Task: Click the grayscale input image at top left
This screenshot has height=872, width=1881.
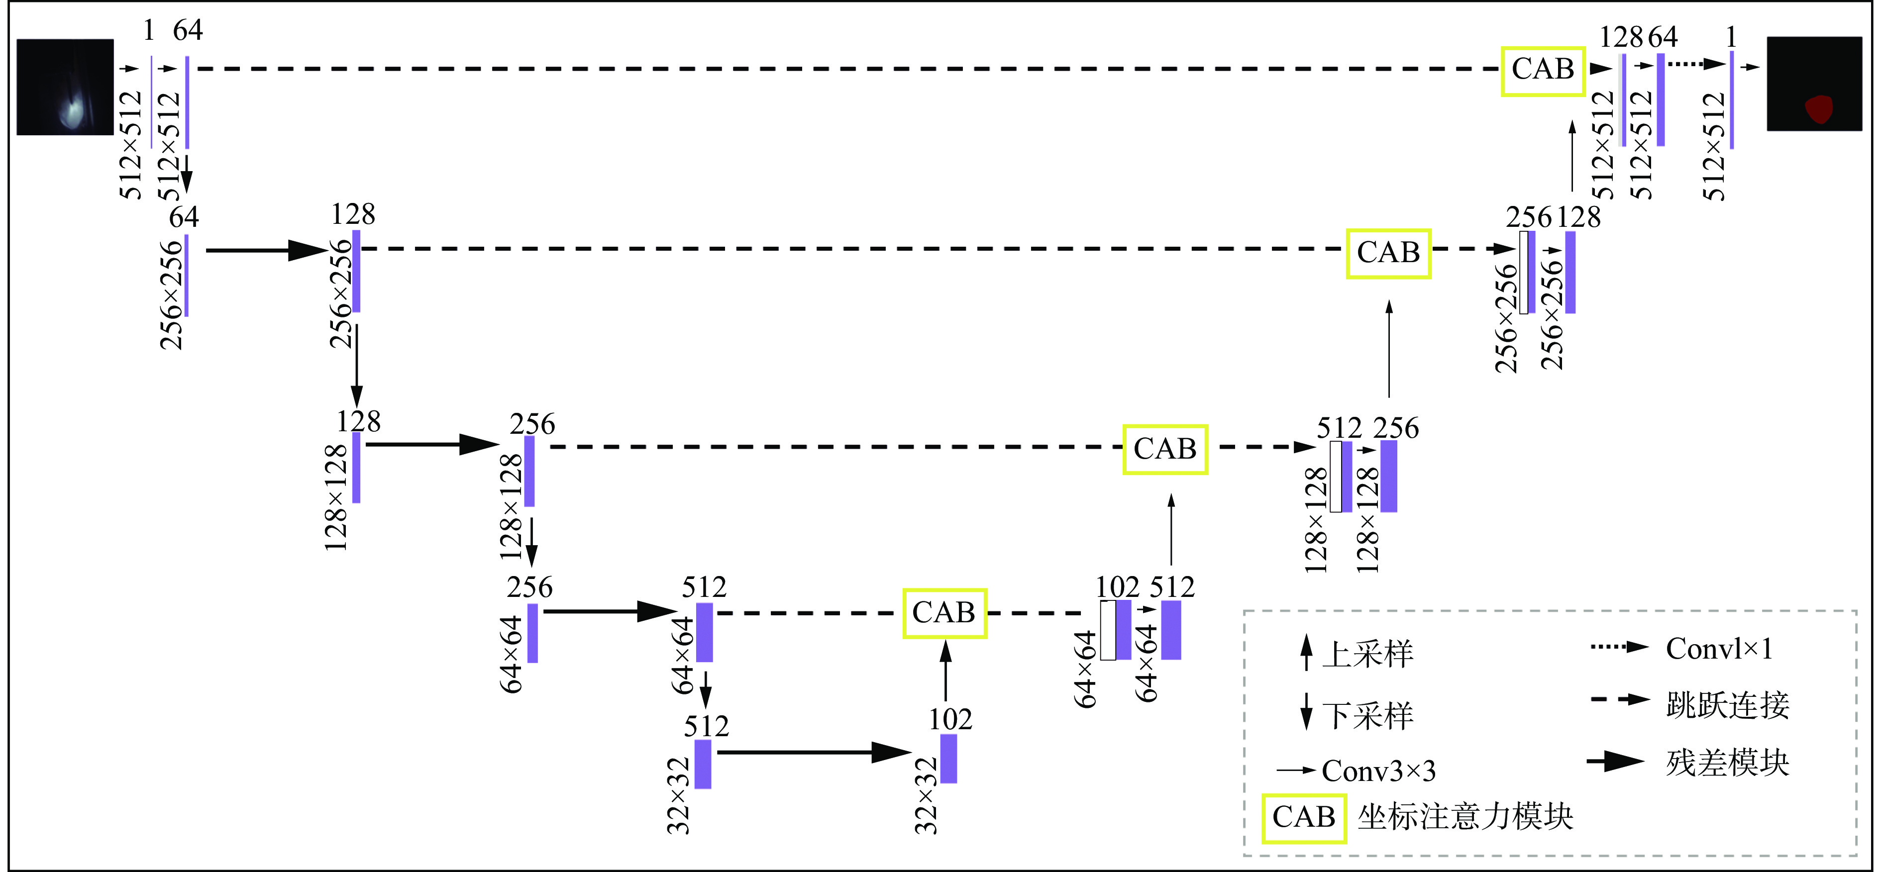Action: tap(65, 87)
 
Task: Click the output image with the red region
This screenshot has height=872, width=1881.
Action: tap(1814, 84)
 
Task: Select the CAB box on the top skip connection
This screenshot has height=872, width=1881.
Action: tap(1542, 71)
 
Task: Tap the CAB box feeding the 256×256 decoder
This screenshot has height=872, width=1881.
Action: tap(1388, 253)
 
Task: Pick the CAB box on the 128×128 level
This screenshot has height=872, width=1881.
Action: tap(1164, 450)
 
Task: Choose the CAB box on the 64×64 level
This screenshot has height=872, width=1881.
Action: tap(944, 613)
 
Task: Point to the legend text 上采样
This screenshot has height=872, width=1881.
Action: tap(1367, 654)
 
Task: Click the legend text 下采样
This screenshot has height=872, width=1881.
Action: tap(1367, 716)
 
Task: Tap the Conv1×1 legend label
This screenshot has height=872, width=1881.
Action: tap(1719, 649)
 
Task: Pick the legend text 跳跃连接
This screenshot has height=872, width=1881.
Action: tap(1727, 705)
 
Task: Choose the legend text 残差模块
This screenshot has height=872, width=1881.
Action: tap(1727, 763)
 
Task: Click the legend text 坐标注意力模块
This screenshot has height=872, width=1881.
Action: tap(1465, 817)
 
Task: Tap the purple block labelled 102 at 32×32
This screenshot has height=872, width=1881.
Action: tap(948, 759)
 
